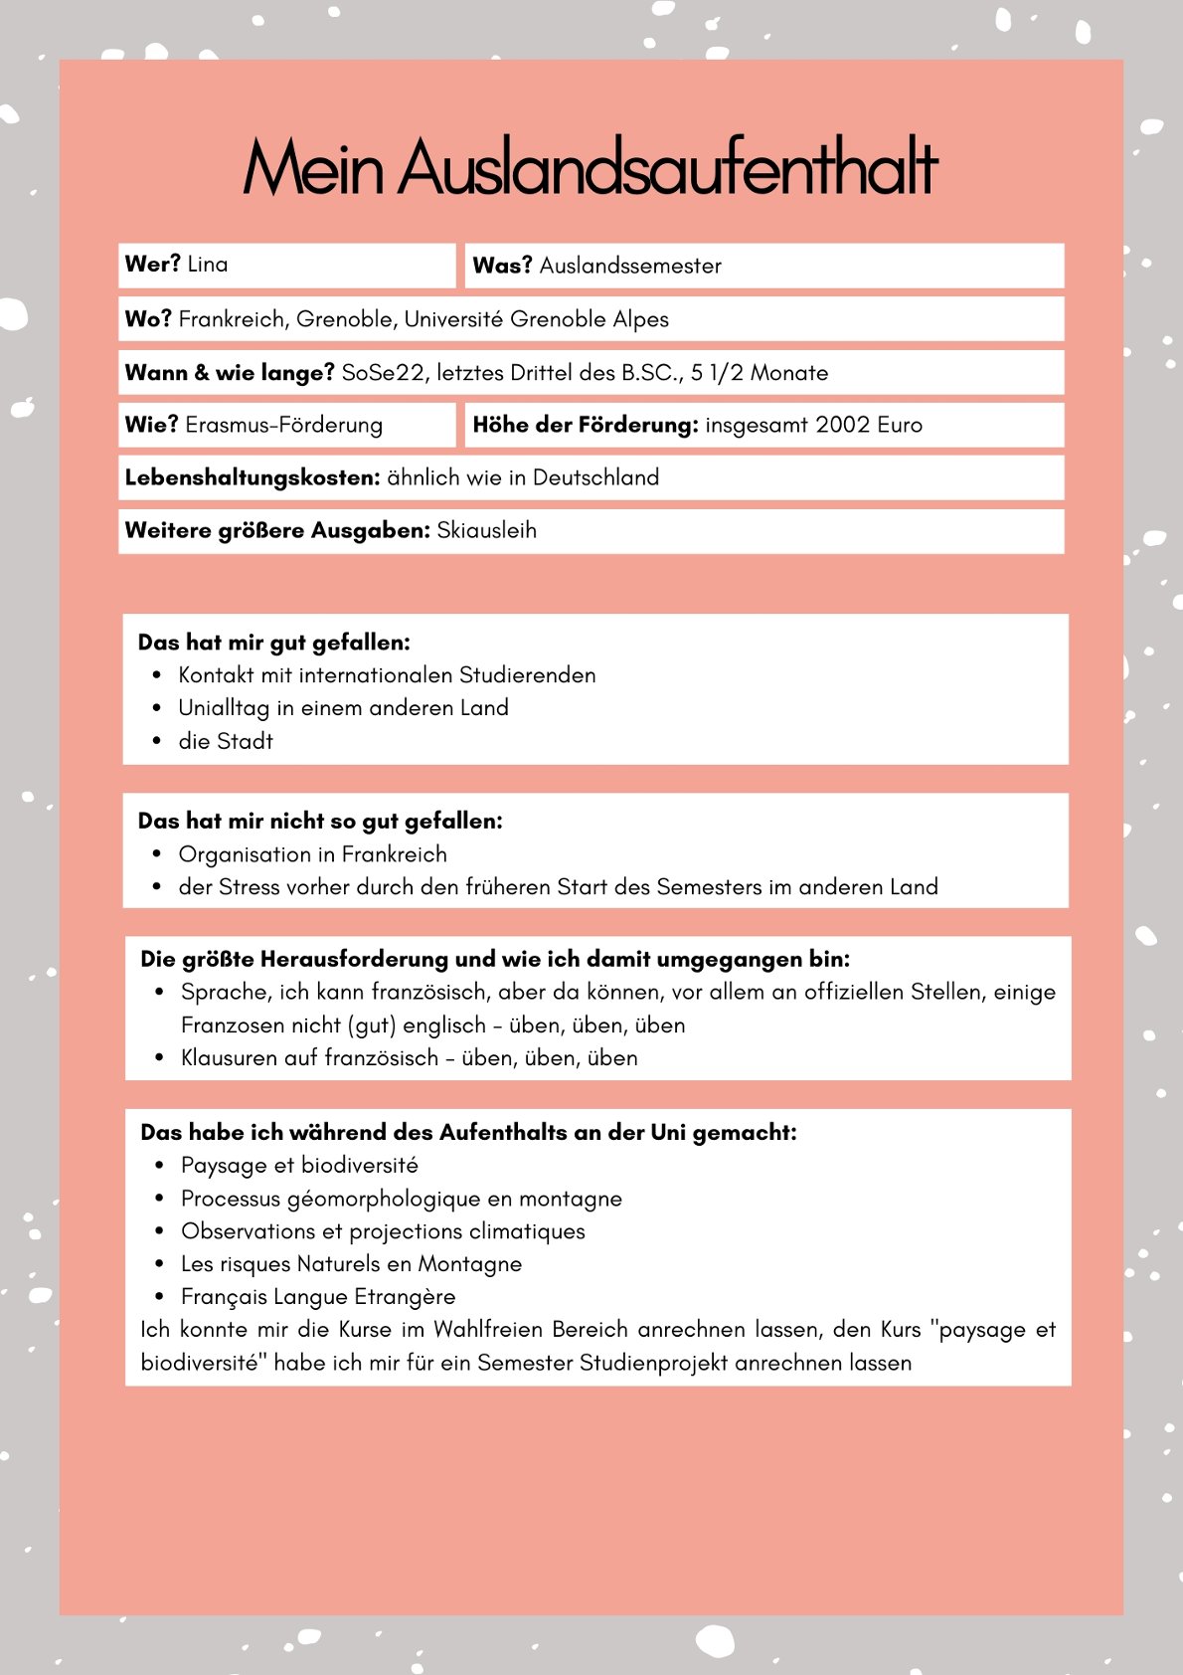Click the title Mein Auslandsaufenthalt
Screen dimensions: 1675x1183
click(x=591, y=167)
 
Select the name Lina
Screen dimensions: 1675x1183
click(x=207, y=265)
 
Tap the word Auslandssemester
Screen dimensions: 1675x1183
click(x=630, y=266)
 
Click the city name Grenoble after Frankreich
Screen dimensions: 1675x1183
click(x=344, y=319)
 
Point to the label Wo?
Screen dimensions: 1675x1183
click(x=148, y=319)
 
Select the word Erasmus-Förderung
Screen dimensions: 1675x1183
click(x=283, y=426)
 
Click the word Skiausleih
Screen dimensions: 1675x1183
click(x=487, y=530)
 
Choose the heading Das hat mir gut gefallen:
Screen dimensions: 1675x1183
click(x=273, y=643)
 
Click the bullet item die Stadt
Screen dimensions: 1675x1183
click(x=226, y=741)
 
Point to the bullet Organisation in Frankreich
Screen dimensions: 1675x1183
click(x=312, y=854)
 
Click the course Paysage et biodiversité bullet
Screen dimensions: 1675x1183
click(x=299, y=1166)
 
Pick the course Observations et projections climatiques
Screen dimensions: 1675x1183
click(x=383, y=1231)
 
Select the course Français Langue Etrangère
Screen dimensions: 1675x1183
click(x=318, y=1297)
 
